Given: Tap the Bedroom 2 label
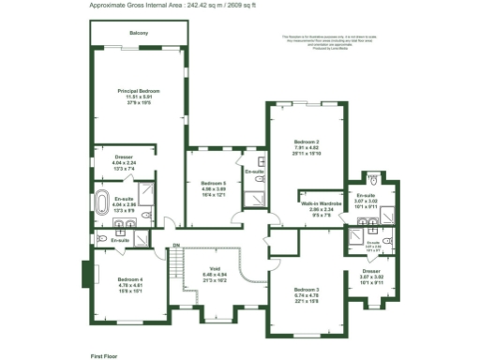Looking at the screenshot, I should [308, 142].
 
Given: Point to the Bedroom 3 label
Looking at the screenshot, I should [307, 289].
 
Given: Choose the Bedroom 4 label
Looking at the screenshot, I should [130, 279].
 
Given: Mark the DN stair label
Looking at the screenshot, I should [175, 247].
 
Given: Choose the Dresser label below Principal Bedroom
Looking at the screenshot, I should [124, 157].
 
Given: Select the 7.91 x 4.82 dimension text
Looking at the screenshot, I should [308, 147].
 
